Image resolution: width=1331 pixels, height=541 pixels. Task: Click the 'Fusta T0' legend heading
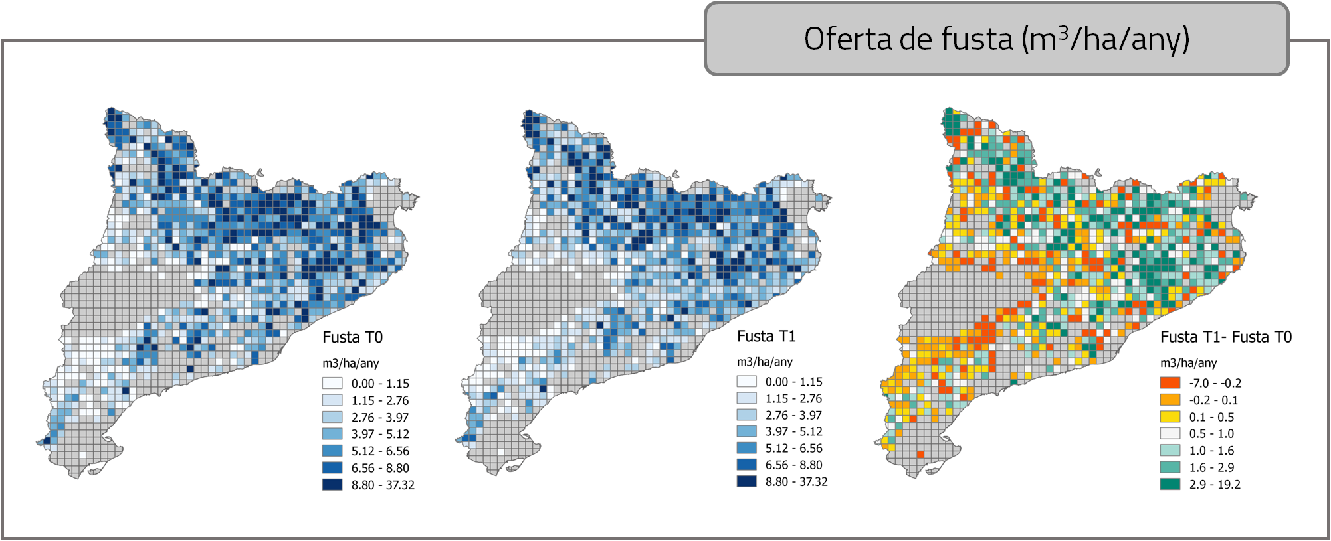point(352,337)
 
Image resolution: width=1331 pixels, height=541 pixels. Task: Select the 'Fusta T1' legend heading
point(766,336)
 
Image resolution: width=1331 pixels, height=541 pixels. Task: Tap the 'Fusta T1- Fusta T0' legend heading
point(1225,337)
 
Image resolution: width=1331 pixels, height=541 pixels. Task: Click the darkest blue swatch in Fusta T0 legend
point(332,485)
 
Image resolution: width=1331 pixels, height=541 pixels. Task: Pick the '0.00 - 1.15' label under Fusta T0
point(380,384)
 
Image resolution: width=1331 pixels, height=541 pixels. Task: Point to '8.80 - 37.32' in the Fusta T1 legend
point(796,481)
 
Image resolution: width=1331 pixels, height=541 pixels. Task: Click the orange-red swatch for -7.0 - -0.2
point(1170,383)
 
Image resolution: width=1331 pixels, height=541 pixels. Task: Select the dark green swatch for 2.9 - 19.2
point(1170,484)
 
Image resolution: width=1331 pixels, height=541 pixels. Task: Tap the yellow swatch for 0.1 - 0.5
point(1170,417)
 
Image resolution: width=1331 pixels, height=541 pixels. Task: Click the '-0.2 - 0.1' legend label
point(1213,400)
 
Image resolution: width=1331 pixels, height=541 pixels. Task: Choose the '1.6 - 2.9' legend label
point(1211,467)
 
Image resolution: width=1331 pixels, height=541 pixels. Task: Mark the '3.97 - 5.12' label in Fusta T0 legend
point(380,434)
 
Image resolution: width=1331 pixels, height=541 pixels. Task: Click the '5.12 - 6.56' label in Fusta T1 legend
point(793,448)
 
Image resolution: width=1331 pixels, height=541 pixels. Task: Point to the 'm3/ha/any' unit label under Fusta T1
point(764,362)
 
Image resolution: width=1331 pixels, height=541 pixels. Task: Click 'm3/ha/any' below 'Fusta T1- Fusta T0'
point(1188,363)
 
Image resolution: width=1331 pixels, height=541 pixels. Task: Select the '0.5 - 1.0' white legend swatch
point(1170,433)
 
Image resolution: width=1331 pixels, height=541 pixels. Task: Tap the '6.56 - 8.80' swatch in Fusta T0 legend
point(332,468)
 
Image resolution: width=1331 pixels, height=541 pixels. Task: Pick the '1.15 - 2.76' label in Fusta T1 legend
point(793,398)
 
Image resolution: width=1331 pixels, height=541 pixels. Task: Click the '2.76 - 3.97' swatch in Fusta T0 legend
point(332,417)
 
